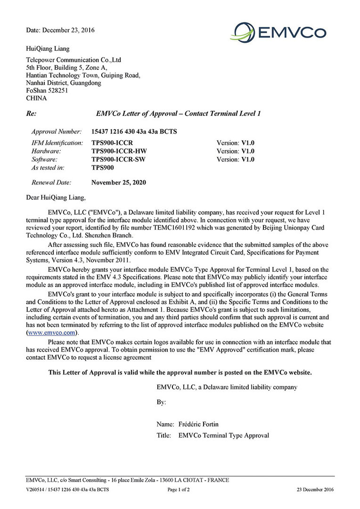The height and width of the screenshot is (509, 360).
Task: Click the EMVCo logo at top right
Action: coord(278,32)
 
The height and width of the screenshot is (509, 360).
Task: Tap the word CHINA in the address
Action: coord(36,98)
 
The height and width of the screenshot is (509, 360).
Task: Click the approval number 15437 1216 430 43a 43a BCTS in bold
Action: coord(134,131)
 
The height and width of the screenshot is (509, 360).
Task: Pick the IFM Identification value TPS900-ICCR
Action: coord(112,142)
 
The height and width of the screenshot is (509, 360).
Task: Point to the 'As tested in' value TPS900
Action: coord(103,167)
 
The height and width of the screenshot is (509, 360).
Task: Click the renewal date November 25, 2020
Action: coord(119,182)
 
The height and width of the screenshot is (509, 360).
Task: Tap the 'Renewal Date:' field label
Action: coord(51,182)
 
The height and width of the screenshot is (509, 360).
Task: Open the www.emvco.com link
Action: coord(52,332)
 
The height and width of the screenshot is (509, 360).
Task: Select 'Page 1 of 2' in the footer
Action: coord(179,490)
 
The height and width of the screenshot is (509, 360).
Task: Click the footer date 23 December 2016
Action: coord(315,490)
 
